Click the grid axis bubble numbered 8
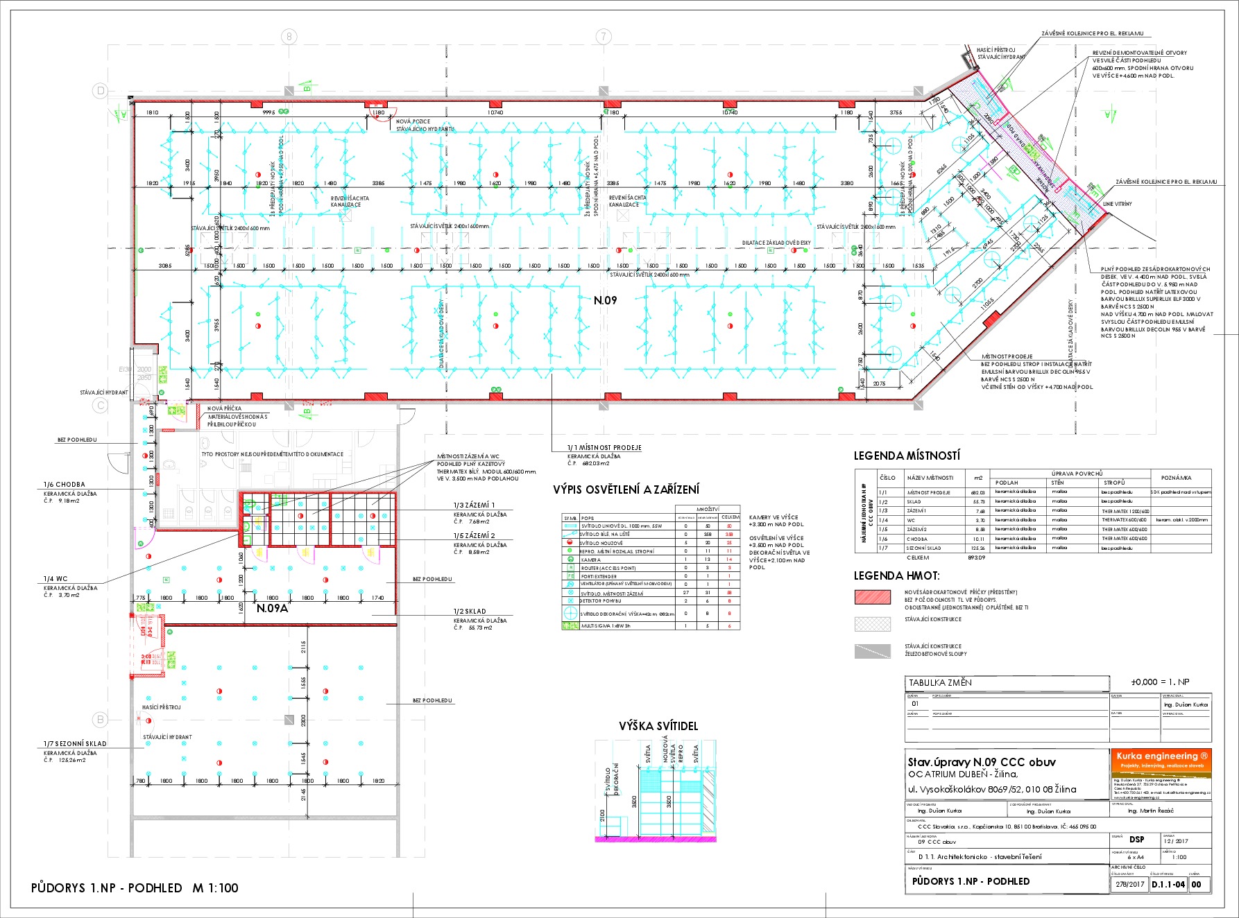click(x=289, y=37)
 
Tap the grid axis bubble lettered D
click(x=101, y=91)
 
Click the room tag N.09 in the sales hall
click(x=605, y=300)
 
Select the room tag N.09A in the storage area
click(x=272, y=609)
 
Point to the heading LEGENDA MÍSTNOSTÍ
click(x=907, y=456)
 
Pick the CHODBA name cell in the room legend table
click(x=916, y=539)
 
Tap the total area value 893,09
click(x=977, y=557)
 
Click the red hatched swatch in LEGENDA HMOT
click(x=873, y=597)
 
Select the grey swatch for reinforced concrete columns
click(x=873, y=651)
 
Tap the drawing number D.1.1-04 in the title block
click(x=1168, y=884)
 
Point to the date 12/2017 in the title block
click(x=1175, y=841)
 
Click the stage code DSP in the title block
click(x=1137, y=840)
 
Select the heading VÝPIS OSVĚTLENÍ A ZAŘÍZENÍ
click(x=626, y=490)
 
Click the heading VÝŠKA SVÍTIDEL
click(x=658, y=726)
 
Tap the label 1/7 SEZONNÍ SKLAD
click(x=76, y=743)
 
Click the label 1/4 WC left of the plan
click(x=55, y=578)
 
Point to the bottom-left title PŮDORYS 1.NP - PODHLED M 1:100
click(x=135, y=888)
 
